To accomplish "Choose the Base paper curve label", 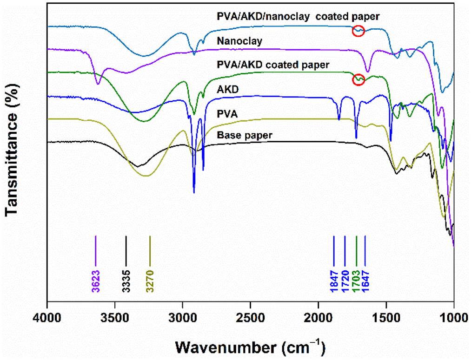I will (x=244, y=136).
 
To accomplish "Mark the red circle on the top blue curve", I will (x=358, y=32).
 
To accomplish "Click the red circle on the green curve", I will (x=358, y=79).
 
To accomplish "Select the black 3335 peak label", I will (x=126, y=281).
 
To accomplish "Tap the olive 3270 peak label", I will (x=150, y=281).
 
